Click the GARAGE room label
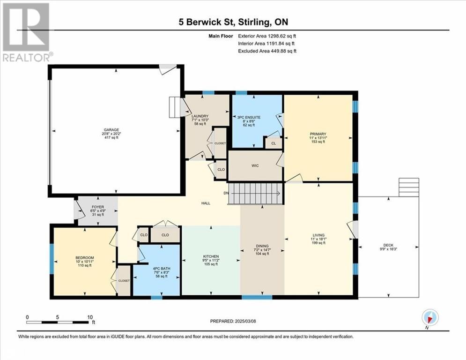(x=111, y=130)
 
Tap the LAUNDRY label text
(x=200, y=116)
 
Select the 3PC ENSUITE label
(x=249, y=118)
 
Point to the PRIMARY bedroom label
(x=318, y=134)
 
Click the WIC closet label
(x=255, y=166)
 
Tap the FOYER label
(x=98, y=207)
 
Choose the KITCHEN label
(x=211, y=256)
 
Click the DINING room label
(x=262, y=246)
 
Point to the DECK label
(x=388, y=245)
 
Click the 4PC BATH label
(x=162, y=269)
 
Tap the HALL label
(x=206, y=203)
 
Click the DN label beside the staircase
(x=226, y=193)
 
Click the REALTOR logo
(x=26, y=32)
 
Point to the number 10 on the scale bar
(x=90, y=317)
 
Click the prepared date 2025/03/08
(x=245, y=321)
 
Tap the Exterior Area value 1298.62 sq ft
(x=282, y=36)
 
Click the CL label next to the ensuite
(x=274, y=143)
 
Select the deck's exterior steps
(x=409, y=187)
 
